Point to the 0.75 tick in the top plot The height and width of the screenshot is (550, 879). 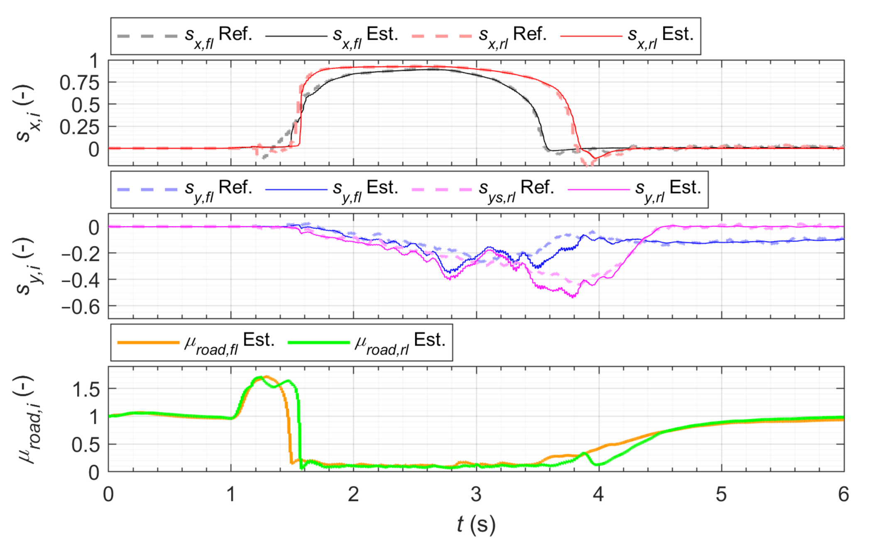pos(79,83)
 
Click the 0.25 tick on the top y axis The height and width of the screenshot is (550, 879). pos(79,127)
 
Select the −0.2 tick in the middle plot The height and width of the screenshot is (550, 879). pos(81,254)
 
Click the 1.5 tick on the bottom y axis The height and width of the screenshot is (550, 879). pos(86,389)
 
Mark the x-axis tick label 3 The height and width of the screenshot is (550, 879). pos(476,494)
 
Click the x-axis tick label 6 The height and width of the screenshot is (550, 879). pos(843,494)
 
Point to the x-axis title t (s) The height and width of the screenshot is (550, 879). pos(476,524)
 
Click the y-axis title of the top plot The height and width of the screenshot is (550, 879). pos(25,113)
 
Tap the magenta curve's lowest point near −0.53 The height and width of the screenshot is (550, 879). pos(573,296)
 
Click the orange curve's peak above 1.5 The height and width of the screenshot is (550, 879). pos(266,377)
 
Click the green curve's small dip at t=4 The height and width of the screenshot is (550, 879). pos(598,464)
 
